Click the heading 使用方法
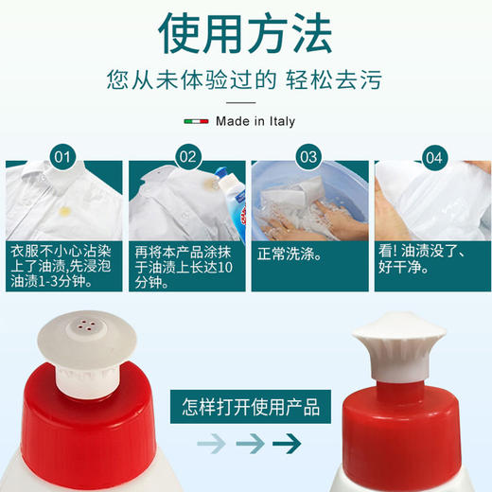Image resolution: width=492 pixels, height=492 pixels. click(x=245, y=34)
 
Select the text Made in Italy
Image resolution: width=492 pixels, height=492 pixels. click(x=255, y=121)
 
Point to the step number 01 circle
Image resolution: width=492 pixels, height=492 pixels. click(x=61, y=157)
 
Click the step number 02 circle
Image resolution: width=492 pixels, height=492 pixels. click(x=187, y=157)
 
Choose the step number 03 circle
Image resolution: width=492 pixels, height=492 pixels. click(x=308, y=157)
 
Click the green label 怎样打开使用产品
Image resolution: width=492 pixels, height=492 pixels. click(x=250, y=408)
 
